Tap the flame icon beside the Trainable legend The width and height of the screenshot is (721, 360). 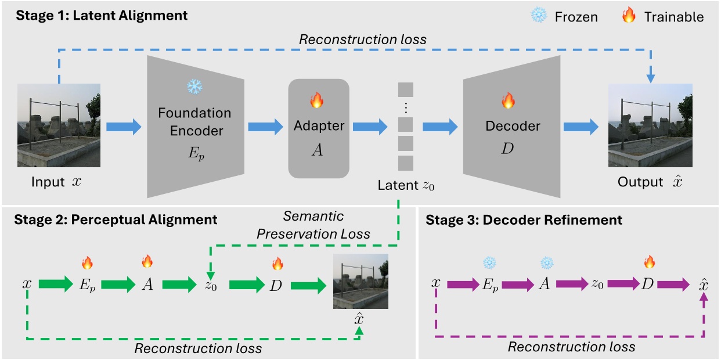(x=628, y=16)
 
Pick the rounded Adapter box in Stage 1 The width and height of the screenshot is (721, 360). (x=318, y=128)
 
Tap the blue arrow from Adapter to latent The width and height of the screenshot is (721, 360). (x=370, y=127)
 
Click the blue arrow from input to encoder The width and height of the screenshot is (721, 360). (x=124, y=127)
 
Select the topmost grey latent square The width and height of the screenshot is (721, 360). (x=405, y=90)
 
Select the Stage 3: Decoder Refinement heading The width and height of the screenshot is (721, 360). (x=524, y=220)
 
